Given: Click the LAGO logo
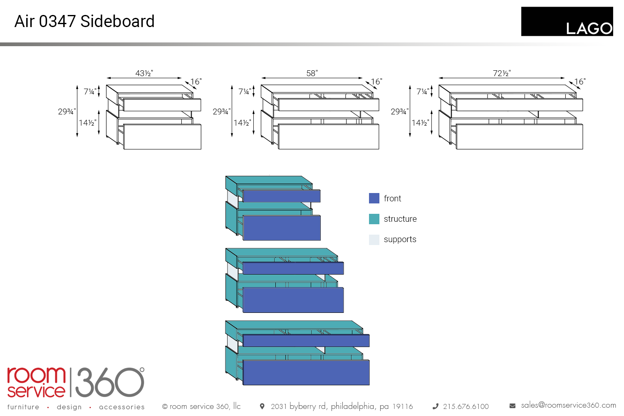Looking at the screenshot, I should coord(567,22).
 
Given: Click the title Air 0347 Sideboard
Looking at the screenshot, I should coord(84,21).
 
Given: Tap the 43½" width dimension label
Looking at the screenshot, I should coord(144,73).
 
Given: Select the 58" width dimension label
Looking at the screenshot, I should coord(312,73).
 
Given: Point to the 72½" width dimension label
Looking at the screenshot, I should coord(502,73).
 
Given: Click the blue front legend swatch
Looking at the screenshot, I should coord(374,198).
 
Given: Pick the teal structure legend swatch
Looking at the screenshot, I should coord(374,219).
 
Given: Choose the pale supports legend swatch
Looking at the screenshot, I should coord(374,240).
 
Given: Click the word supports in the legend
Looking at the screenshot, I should coord(400,240).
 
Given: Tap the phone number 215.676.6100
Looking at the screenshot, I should coord(466,406).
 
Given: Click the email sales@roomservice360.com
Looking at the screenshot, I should coord(568,405).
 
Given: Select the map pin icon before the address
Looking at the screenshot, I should coord(262,406).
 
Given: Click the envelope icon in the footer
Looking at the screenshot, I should coord(513,406).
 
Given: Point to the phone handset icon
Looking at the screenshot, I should coord(436,406).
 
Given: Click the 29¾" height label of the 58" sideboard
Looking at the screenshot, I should coord(221,111).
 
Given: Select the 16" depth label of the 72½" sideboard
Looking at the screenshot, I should coord(580,82).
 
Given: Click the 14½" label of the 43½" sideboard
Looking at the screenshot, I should coord(87,123).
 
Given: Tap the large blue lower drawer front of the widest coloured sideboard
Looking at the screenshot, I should coord(306,372).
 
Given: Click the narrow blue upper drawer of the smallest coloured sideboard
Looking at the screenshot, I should coord(282,196).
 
